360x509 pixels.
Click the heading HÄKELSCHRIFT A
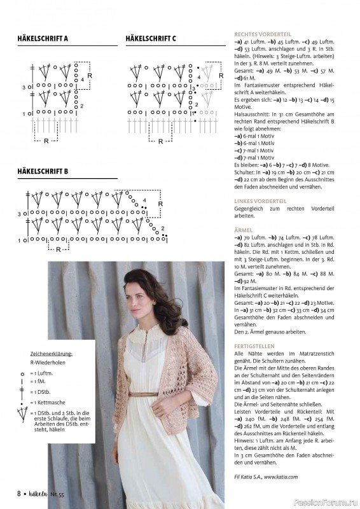[x=43, y=39]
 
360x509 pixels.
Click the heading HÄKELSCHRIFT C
[x=151, y=39]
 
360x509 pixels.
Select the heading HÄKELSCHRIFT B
[x=43, y=171]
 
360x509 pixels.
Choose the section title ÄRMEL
[x=243, y=230]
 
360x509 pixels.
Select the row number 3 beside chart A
[x=24, y=87]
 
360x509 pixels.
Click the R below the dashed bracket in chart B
[x=58, y=249]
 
